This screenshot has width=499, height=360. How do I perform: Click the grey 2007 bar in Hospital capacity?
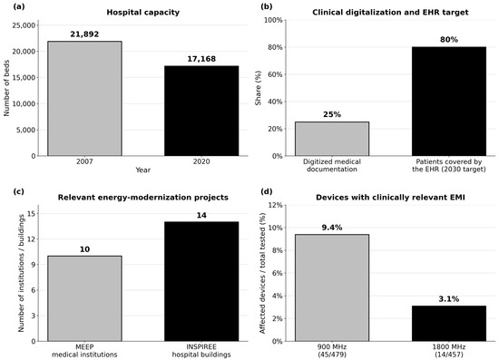84,99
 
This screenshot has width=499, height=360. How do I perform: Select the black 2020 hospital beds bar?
201,111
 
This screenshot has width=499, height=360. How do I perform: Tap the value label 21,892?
84,34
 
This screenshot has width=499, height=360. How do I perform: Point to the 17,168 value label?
201,59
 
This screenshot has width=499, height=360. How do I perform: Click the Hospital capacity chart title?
142,13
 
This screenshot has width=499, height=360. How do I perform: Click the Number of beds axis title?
6,88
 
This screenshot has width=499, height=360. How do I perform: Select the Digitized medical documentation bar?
332,139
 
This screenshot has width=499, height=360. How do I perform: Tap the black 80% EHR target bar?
449,102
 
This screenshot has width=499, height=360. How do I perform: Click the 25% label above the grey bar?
332,114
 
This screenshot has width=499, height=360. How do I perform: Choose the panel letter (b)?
267,6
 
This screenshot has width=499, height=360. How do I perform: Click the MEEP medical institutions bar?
84,298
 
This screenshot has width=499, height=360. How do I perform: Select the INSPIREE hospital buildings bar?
201,281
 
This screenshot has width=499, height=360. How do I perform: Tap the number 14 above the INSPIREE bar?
201,215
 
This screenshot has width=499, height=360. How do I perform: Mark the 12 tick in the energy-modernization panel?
32,239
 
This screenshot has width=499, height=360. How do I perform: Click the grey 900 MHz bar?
332,287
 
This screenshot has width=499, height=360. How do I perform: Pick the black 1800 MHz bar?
449,324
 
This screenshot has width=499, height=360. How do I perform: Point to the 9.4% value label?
332,228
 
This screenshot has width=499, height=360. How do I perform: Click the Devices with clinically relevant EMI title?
390,198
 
